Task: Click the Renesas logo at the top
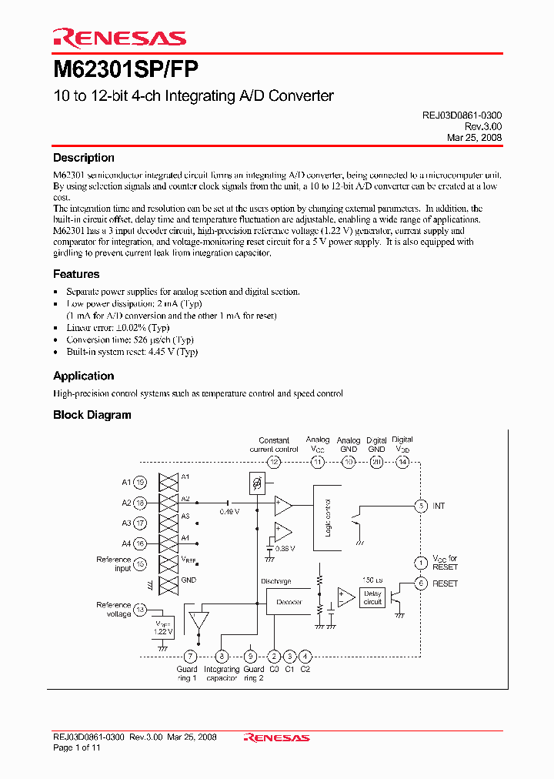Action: pyautogui.click(x=119, y=38)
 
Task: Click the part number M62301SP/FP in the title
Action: pyautogui.click(x=125, y=70)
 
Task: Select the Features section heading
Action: pyautogui.click(x=76, y=274)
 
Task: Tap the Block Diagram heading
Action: pyautogui.click(x=92, y=415)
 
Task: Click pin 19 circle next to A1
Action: pyautogui.click(x=140, y=483)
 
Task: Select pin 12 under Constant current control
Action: pyautogui.click(x=274, y=462)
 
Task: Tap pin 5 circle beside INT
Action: pyautogui.click(x=420, y=506)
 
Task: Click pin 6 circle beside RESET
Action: pyautogui.click(x=420, y=583)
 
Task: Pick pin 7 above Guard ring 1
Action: pyautogui.click(x=190, y=657)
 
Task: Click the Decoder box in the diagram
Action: pyautogui.click(x=289, y=601)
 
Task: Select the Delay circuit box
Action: pyautogui.click(x=373, y=598)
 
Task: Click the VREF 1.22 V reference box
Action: pyautogui.click(x=163, y=627)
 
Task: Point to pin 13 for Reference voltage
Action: pyautogui.click(x=140, y=610)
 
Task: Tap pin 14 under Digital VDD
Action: pyautogui.click(x=402, y=462)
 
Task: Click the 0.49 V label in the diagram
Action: pyautogui.click(x=229, y=511)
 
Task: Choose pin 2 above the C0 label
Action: pyautogui.click(x=274, y=657)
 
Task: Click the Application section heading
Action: pyautogui.click(x=83, y=376)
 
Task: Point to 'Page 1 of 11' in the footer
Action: pyautogui.click(x=76, y=747)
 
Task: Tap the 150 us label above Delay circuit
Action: pyautogui.click(x=372, y=580)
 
